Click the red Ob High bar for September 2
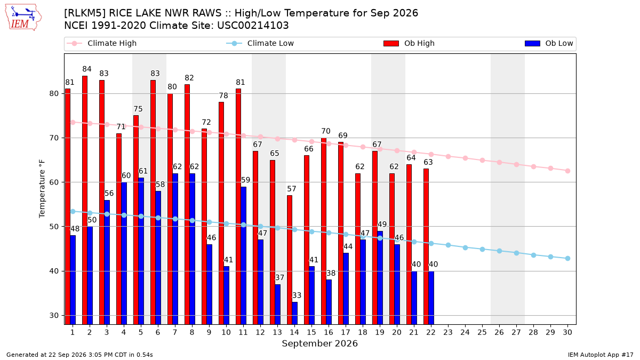click(x=85, y=200)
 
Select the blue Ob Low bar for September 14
click(x=294, y=313)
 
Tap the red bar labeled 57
click(x=290, y=260)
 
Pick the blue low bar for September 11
click(x=243, y=255)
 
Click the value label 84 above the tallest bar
click(x=87, y=69)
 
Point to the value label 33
click(x=297, y=295)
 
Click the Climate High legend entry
click(x=101, y=43)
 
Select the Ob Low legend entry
click(x=549, y=43)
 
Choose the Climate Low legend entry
click(x=260, y=43)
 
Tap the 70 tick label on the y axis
click(x=54, y=138)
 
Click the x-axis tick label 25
click(x=482, y=332)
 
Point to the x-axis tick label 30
click(x=567, y=332)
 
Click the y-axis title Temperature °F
click(x=42, y=189)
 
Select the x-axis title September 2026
click(x=319, y=343)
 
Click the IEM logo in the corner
click(x=23, y=18)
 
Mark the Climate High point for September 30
click(x=567, y=171)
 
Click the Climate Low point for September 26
click(x=499, y=251)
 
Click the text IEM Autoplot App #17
click(x=601, y=355)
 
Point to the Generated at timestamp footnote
click(x=79, y=355)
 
